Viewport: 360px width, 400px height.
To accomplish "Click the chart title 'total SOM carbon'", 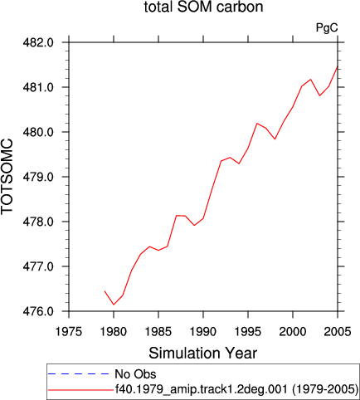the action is coord(203,7).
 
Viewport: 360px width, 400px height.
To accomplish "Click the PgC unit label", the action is coord(327,27).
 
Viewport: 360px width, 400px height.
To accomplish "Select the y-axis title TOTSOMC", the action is coord(7,177).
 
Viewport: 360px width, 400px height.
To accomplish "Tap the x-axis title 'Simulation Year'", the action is coord(203,354).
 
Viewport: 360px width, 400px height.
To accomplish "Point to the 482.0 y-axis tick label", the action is coord(38,42).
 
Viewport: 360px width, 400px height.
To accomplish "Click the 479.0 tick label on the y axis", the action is coord(38,177).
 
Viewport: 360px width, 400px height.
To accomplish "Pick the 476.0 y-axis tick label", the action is coord(38,311).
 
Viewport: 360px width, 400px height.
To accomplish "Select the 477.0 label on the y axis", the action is coord(38,266).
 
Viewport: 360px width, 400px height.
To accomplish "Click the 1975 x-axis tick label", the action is coord(69,331).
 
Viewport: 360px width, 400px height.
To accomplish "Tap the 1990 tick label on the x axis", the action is coord(203,331).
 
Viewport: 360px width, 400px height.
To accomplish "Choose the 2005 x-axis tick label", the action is coord(338,331).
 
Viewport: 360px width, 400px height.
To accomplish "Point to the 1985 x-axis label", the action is coord(158,331).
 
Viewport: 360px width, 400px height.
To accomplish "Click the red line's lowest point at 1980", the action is coord(114,305).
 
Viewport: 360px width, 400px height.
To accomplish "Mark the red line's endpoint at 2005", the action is coord(338,66).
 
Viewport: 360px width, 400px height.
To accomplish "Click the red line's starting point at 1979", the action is coord(105,291).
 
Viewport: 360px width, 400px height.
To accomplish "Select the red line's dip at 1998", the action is coord(275,139).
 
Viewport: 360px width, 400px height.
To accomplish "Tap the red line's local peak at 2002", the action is coord(311,80).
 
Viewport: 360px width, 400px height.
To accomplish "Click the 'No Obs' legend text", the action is coord(135,374).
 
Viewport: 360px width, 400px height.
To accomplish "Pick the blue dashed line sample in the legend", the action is coord(79,374).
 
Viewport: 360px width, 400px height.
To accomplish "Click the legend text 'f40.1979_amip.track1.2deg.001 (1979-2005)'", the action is coord(236,389).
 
